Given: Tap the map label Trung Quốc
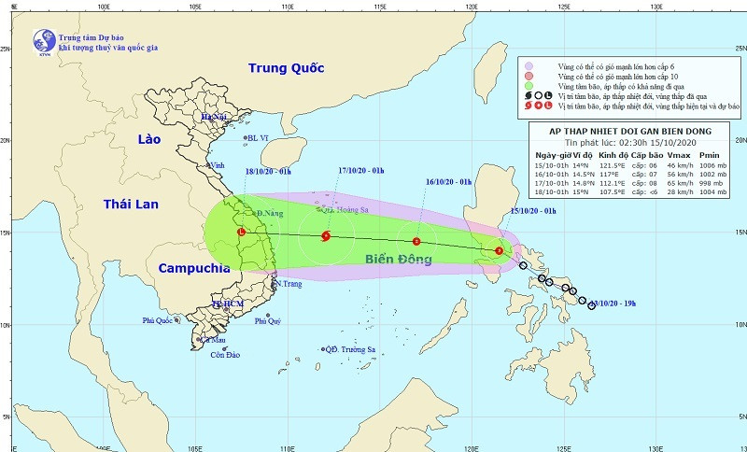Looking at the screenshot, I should point(286,68).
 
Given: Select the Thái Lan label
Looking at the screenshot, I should point(131,204).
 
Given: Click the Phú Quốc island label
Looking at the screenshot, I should point(160,320).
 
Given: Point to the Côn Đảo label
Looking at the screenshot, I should point(226,355).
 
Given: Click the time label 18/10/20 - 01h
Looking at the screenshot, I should point(269,171).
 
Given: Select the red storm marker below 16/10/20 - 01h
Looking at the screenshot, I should point(416,242).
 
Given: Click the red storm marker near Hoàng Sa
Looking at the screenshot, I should point(325,236).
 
